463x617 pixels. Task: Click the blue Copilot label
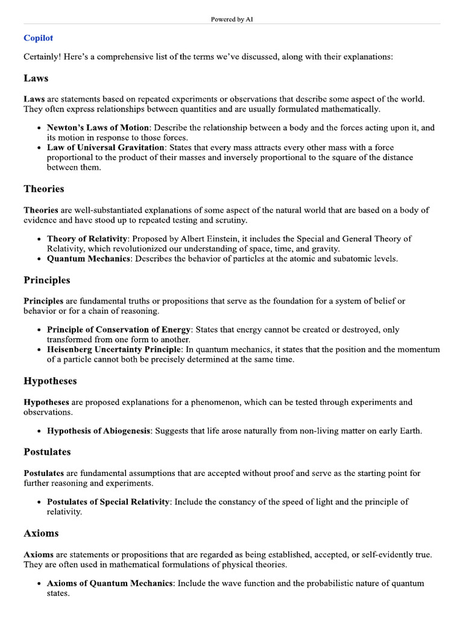coord(38,38)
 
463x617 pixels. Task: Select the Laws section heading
coord(36,78)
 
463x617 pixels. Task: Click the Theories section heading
coord(44,189)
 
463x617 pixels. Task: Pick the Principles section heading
coord(47,280)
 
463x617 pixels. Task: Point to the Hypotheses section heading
coord(50,381)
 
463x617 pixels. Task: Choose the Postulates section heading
coord(47,452)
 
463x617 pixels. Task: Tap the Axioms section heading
coord(41,533)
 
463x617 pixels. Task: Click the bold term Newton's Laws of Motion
coord(98,128)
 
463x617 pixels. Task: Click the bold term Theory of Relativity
coord(89,239)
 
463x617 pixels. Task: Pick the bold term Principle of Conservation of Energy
coord(119,330)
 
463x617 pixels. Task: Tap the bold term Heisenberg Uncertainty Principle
coord(113,349)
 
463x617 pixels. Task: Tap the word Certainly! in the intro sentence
coord(43,57)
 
